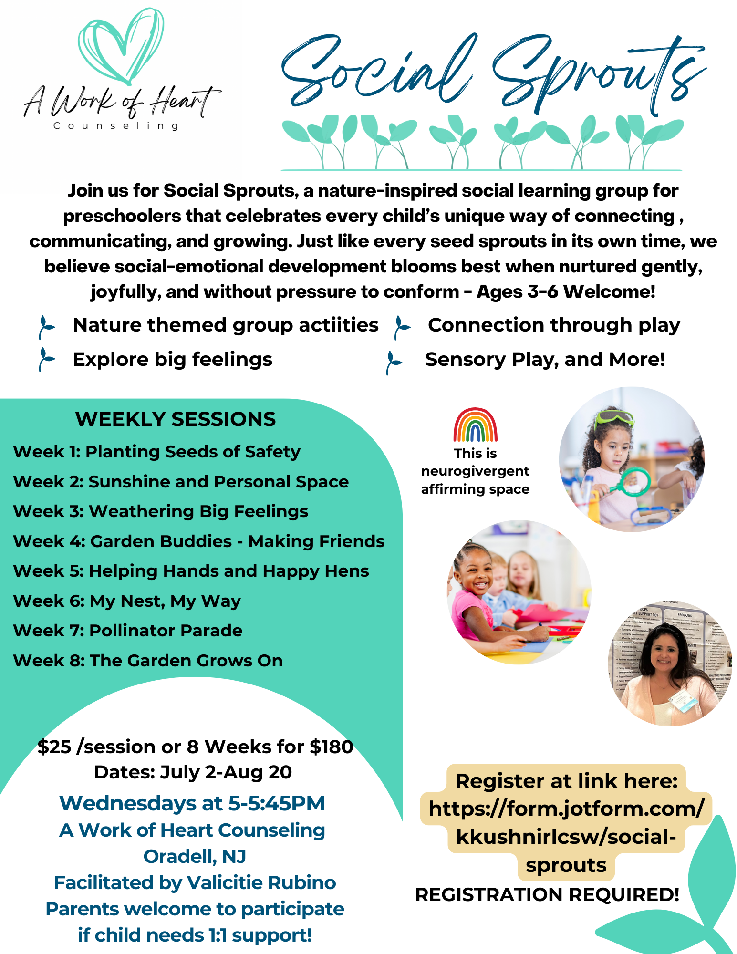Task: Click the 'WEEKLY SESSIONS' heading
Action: [x=176, y=419]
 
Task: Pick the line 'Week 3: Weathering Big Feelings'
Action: [x=161, y=511]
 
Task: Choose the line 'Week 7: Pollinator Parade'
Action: [x=128, y=631]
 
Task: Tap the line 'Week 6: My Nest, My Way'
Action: [x=127, y=601]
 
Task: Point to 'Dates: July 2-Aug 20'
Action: [x=193, y=772]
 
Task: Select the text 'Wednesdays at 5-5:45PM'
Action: [x=192, y=803]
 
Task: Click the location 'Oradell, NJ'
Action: [x=195, y=857]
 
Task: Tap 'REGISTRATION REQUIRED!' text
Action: [x=547, y=895]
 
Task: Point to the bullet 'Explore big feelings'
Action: [x=173, y=360]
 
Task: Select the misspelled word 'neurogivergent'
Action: [x=475, y=471]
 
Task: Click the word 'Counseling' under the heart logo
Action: [x=116, y=126]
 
